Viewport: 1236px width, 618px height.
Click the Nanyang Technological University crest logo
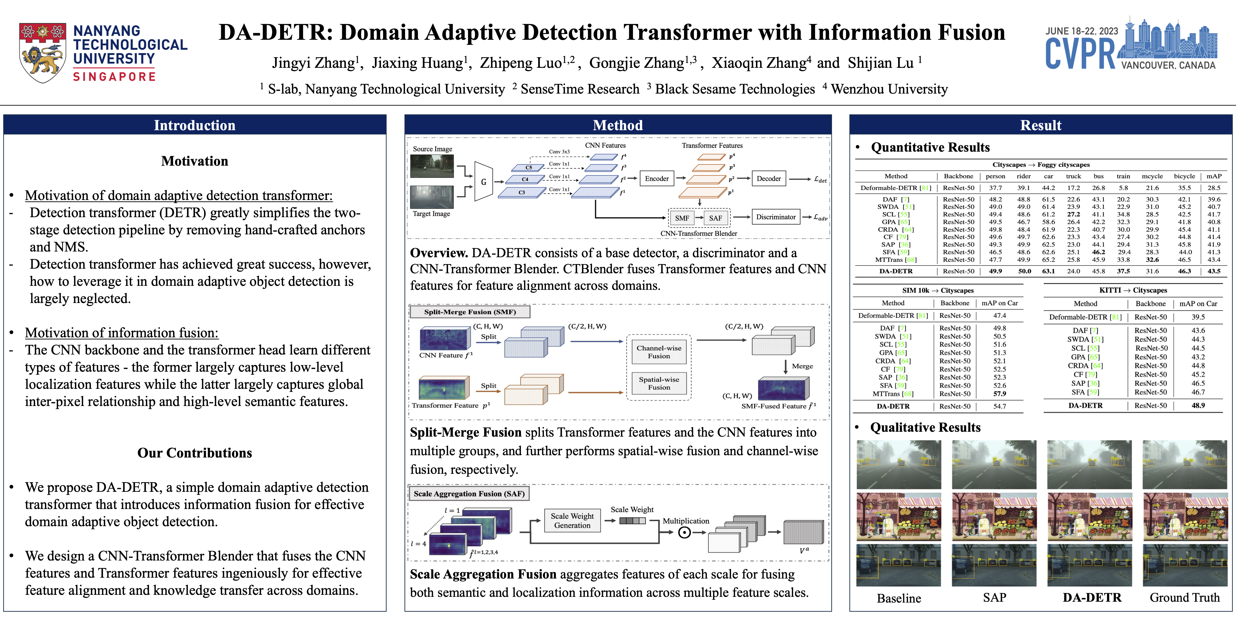click(42, 52)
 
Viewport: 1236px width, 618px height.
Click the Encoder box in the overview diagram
click(656, 179)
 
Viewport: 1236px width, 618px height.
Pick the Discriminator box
click(775, 217)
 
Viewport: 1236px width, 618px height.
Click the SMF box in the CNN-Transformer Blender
click(682, 218)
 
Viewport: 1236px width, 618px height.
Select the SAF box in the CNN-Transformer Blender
click(715, 218)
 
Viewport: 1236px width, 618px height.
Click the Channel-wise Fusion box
click(659, 352)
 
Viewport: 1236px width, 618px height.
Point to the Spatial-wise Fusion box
click(659, 383)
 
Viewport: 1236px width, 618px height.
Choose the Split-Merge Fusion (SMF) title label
click(470, 312)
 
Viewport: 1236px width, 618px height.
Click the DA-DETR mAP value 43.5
click(1214, 271)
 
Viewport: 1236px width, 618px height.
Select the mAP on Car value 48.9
click(1198, 405)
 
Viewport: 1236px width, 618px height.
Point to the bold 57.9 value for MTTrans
click(999, 393)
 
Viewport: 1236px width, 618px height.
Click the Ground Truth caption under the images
click(1184, 597)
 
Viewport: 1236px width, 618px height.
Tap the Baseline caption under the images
click(899, 598)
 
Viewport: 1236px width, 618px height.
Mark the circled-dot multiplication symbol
click(684, 532)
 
